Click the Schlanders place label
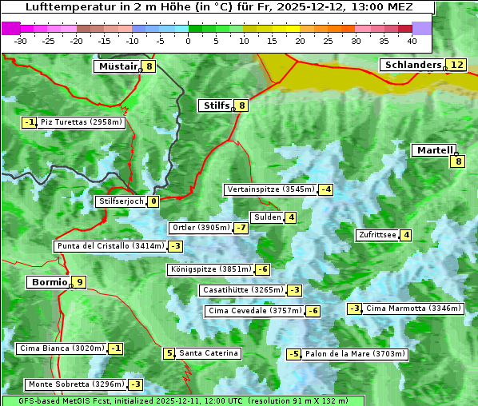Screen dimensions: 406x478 pos(412,65)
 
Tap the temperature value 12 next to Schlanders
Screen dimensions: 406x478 pos(456,65)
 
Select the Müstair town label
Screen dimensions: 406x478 pos(117,66)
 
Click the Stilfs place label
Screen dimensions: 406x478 pos(215,105)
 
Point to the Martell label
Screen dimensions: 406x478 pos(434,150)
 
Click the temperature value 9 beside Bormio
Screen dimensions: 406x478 pos(79,282)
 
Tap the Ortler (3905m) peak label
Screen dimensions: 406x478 pos(201,228)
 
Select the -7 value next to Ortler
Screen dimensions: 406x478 pos(241,228)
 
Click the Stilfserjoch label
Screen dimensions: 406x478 pos(121,201)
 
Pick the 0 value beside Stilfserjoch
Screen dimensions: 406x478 pos(153,201)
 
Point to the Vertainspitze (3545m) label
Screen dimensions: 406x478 pos(269,189)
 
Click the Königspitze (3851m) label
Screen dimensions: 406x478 pos(210,269)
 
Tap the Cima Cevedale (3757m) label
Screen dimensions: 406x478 pos(254,311)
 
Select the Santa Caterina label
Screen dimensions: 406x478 pos(208,353)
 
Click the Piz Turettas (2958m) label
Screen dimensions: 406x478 pos(82,122)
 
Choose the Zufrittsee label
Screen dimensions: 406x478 pos(376,235)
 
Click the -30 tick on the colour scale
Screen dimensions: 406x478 pos(21,41)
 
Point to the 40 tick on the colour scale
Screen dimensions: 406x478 pos(412,41)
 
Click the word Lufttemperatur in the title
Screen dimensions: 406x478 pos(73,7)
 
